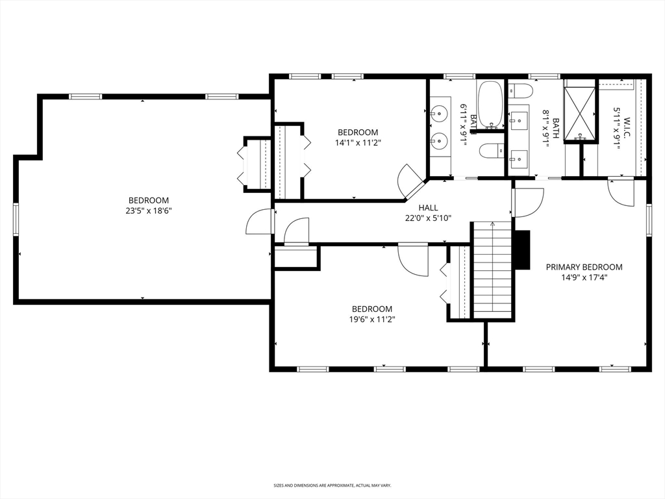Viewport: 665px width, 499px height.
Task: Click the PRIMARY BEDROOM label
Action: [x=584, y=267]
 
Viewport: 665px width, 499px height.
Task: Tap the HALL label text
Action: [x=428, y=207]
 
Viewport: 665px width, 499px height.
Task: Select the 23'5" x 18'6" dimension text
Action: [x=149, y=211]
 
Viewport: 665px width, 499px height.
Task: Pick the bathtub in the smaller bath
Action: [x=491, y=104]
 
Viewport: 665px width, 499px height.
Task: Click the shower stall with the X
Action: [x=580, y=113]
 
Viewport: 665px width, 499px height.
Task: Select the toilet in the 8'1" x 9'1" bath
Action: [x=520, y=90]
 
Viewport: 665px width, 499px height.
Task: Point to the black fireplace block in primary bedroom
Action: [x=523, y=250]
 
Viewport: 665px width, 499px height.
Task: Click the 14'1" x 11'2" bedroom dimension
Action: [x=358, y=142]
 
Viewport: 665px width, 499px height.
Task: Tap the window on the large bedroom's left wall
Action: [x=16, y=219]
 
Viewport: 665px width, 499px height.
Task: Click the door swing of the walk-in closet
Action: [x=620, y=193]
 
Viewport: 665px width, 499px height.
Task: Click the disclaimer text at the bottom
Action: [x=332, y=485]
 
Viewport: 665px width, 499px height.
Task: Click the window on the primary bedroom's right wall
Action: [x=649, y=219]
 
